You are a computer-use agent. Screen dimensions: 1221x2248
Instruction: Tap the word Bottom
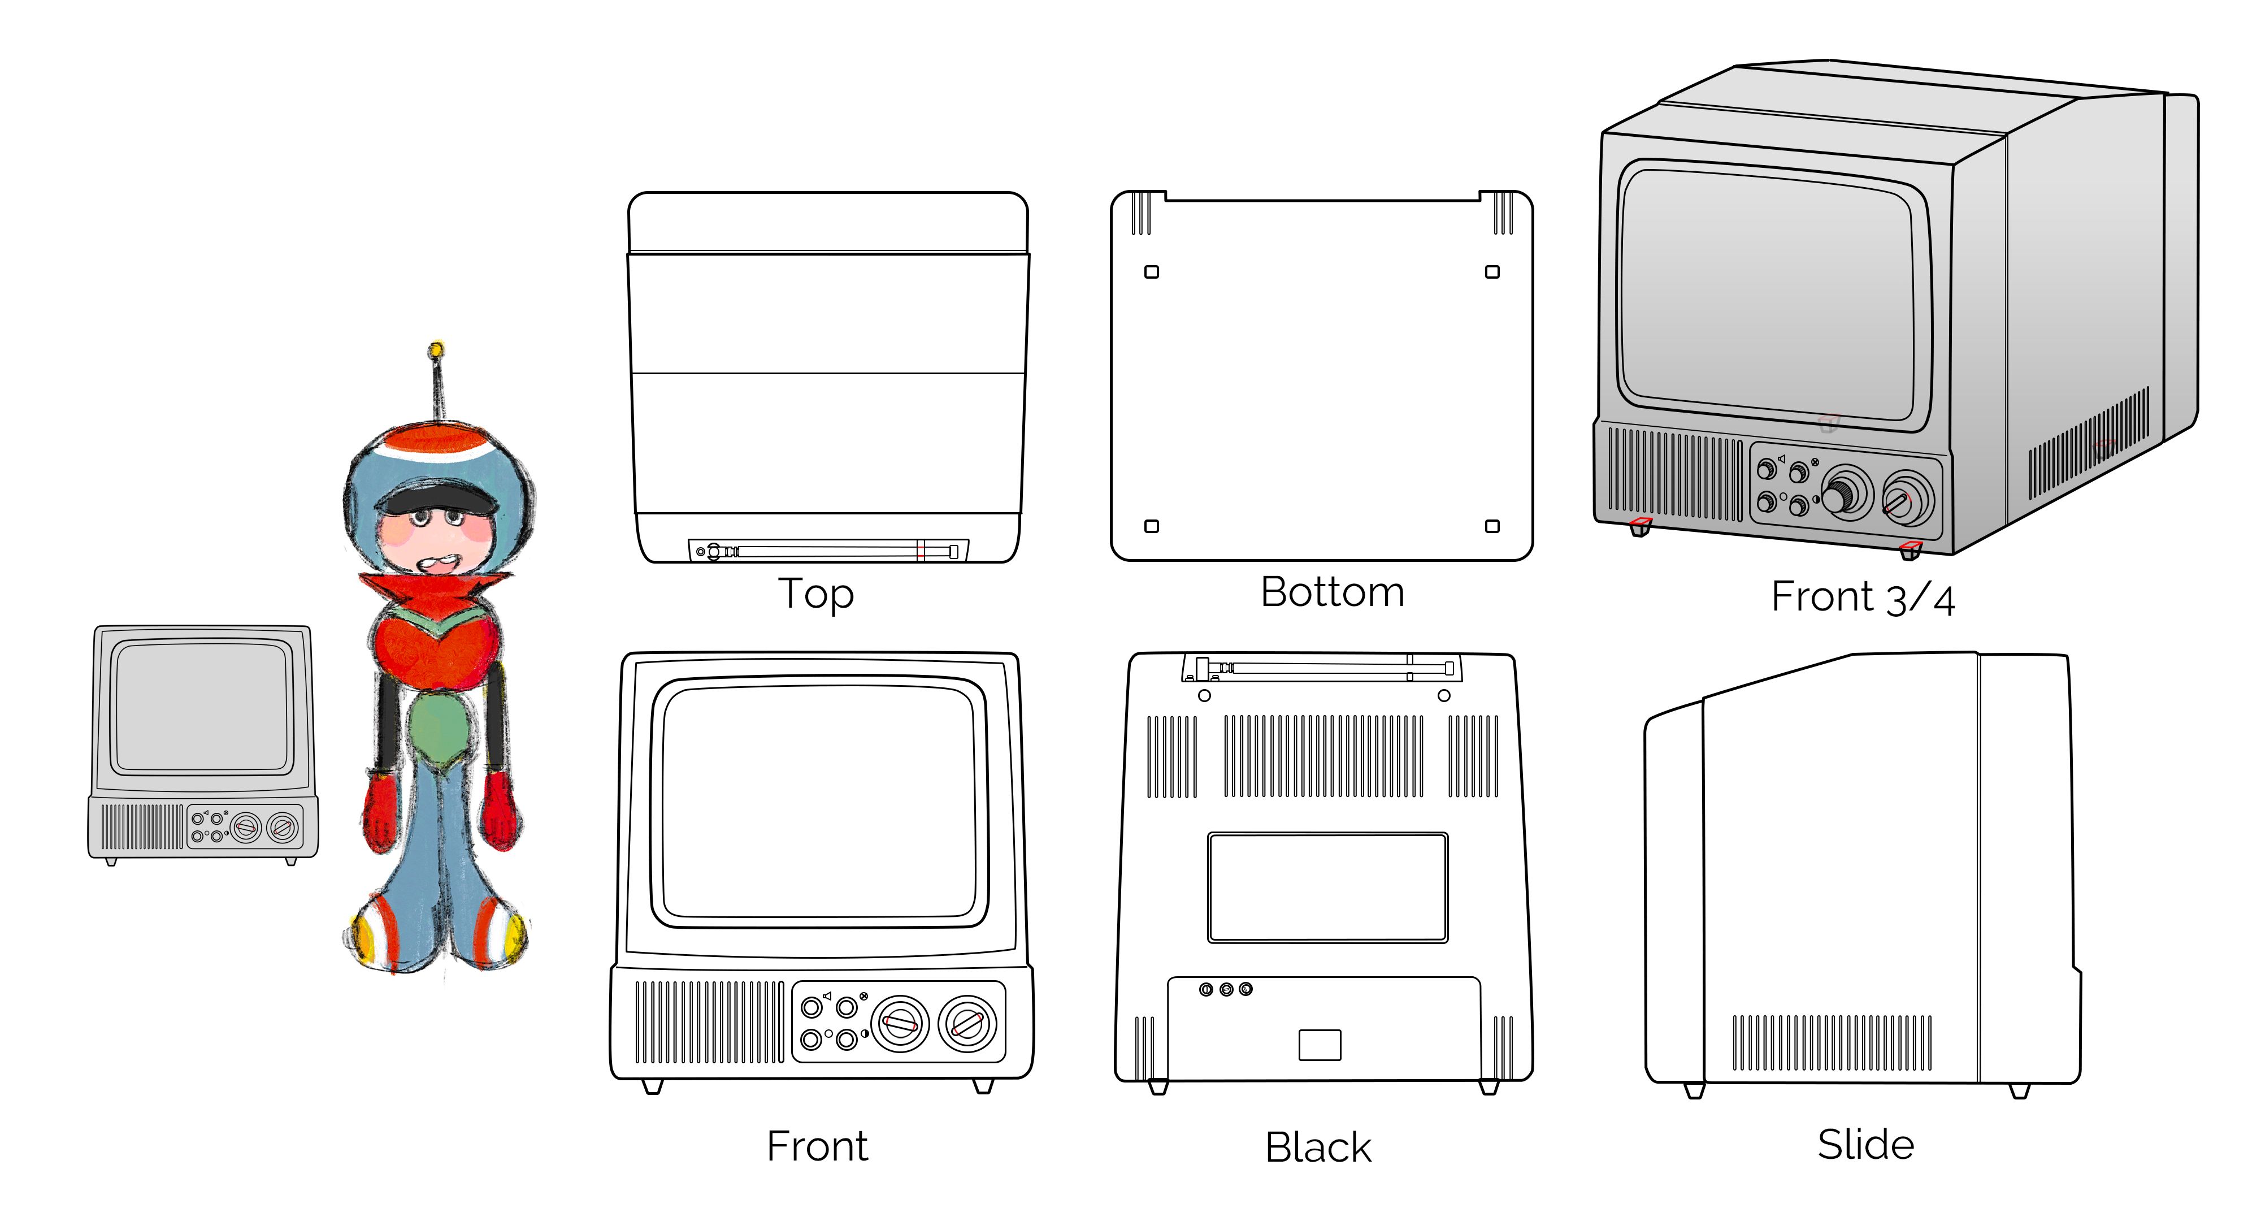click(1332, 592)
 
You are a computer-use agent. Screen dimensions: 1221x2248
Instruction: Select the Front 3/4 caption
click(1862, 598)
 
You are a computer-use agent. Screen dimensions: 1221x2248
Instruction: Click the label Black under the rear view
click(1318, 1147)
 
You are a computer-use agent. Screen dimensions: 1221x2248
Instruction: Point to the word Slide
click(1865, 1144)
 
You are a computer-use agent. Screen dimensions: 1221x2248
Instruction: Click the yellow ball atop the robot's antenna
click(436, 350)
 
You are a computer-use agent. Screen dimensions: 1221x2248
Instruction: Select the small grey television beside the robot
click(202, 743)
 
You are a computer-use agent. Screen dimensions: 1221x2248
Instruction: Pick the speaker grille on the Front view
click(709, 1022)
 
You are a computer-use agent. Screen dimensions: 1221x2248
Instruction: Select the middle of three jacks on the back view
click(1226, 989)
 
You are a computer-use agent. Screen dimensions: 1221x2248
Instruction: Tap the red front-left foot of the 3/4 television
click(1641, 526)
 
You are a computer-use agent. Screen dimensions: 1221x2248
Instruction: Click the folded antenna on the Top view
click(827, 551)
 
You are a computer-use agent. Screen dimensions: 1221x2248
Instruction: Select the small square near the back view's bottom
click(1320, 1045)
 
